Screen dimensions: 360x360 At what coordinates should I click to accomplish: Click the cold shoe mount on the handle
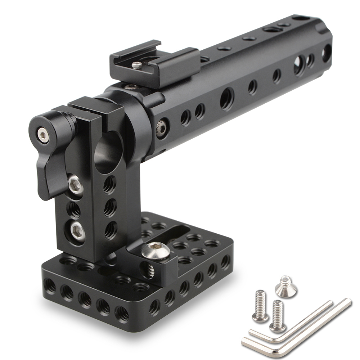coord(155,67)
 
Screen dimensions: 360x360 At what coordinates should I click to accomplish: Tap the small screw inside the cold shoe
coord(137,65)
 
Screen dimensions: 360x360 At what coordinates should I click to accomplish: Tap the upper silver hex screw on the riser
coord(76,184)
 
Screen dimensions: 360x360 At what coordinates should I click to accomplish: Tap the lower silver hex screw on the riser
coord(77,231)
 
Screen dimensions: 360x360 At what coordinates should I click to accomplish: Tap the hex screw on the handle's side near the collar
coord(162,127)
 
